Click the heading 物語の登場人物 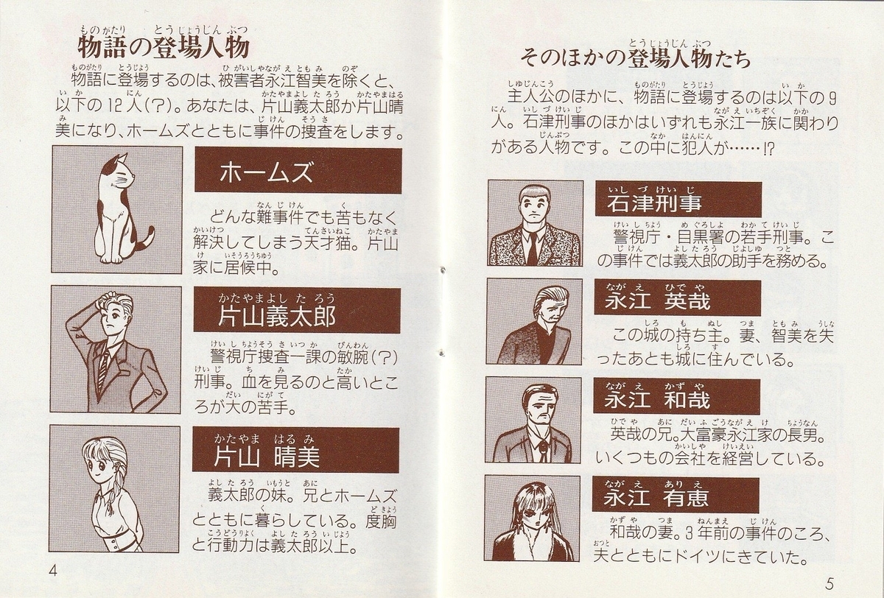[x=163, y=48]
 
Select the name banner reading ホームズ [x=298, y=170]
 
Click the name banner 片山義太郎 [x=297, y=309]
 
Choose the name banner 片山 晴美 [x=296, y=450]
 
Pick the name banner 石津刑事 [x=678, y=200]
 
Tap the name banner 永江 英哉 [x=677, y=298]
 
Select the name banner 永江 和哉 [x=676, y=397]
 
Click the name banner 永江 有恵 [x=676, y=495]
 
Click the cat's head [x=119, y=174]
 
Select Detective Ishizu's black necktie [x=533, y=248]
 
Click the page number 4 [x=53, y=571]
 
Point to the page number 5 [x=829, y=583]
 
